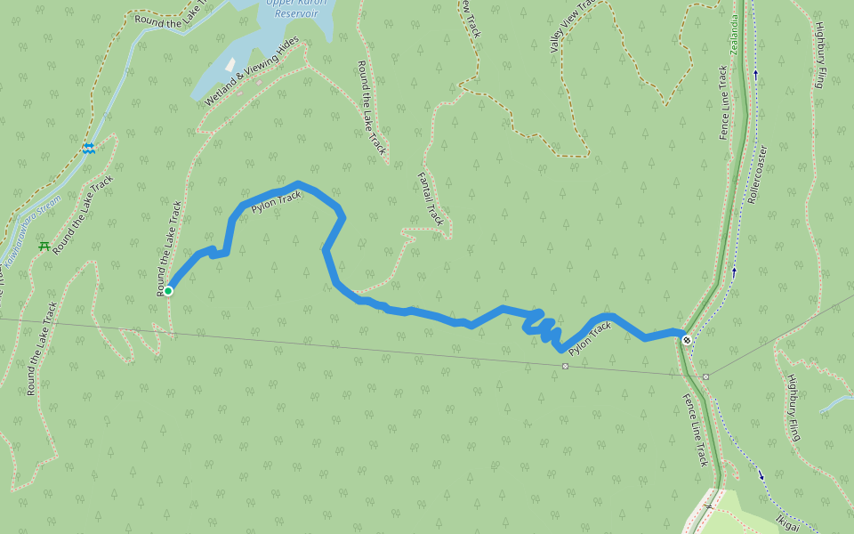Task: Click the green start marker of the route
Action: (x=168, y=290)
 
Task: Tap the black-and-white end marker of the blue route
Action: (x=687, y=339)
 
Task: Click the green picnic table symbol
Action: (x=44, y=246)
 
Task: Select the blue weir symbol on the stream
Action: (x=88, y=149)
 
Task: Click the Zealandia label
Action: (x=735, y=36)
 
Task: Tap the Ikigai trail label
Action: (x=787, y=522)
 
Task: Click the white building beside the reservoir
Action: (x=231, y=65)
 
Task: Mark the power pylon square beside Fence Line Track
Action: (x=705, y=376)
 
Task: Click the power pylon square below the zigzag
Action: (x=565, y=366)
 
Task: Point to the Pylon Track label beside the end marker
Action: (x=591, y=338)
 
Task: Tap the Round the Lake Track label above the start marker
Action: (x=169, y=247)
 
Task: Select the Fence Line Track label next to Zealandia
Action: (x=723, y=102)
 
